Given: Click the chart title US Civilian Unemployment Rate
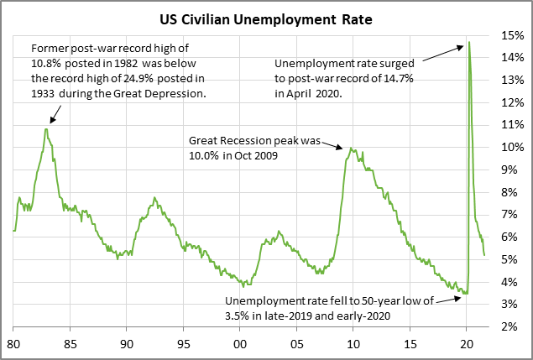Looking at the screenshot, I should click(x=267, y=16).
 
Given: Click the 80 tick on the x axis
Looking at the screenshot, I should click(x=13, y=344).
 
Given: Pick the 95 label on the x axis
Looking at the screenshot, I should click(x=184, y=344).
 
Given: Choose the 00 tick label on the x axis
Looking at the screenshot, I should click(x=240, y=344).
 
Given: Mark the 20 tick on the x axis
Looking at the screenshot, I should click(x=467, y=344).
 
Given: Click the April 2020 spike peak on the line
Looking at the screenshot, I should click(x=468, y=42).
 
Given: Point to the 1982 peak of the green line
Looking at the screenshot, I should click(x=46, y=129).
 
